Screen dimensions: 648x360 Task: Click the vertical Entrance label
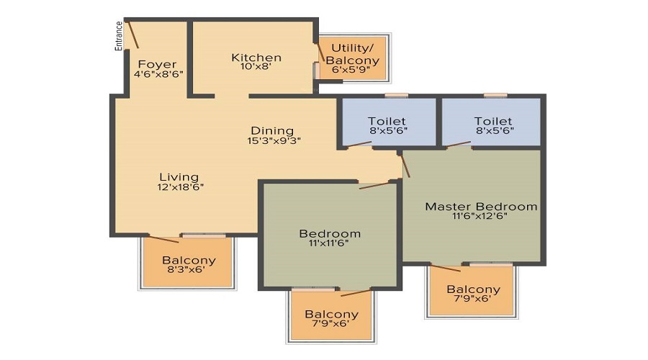tap(119, 36)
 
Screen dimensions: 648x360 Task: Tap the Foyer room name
tap(157, 65)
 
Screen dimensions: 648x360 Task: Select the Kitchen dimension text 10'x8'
tap(256, 66)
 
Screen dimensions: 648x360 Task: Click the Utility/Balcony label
tap(352, 54)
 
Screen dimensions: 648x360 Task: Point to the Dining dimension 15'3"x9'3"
tap(274, 140)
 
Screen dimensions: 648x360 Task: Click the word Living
tap(179, 177)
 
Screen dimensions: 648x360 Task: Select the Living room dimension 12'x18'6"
tap(180, 187)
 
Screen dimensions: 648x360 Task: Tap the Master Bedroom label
tap(481, 206)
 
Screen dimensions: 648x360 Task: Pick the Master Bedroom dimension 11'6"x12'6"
tap(480, 216)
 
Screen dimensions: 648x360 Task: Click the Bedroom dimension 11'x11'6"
tap(328, 243)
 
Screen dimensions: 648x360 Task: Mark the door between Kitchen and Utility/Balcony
tap(320, 52)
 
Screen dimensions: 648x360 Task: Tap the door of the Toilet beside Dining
tap(359, 144)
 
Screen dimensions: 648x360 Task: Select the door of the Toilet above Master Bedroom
tap(459, 144)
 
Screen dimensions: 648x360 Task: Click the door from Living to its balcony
tap(163, 238)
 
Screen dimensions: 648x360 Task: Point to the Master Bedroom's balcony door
tap(445, 268)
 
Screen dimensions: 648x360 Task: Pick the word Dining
tap(272, 131)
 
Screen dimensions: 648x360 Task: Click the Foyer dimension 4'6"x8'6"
tap(158, 74)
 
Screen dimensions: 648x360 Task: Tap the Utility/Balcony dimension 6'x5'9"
tap(351, 70)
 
